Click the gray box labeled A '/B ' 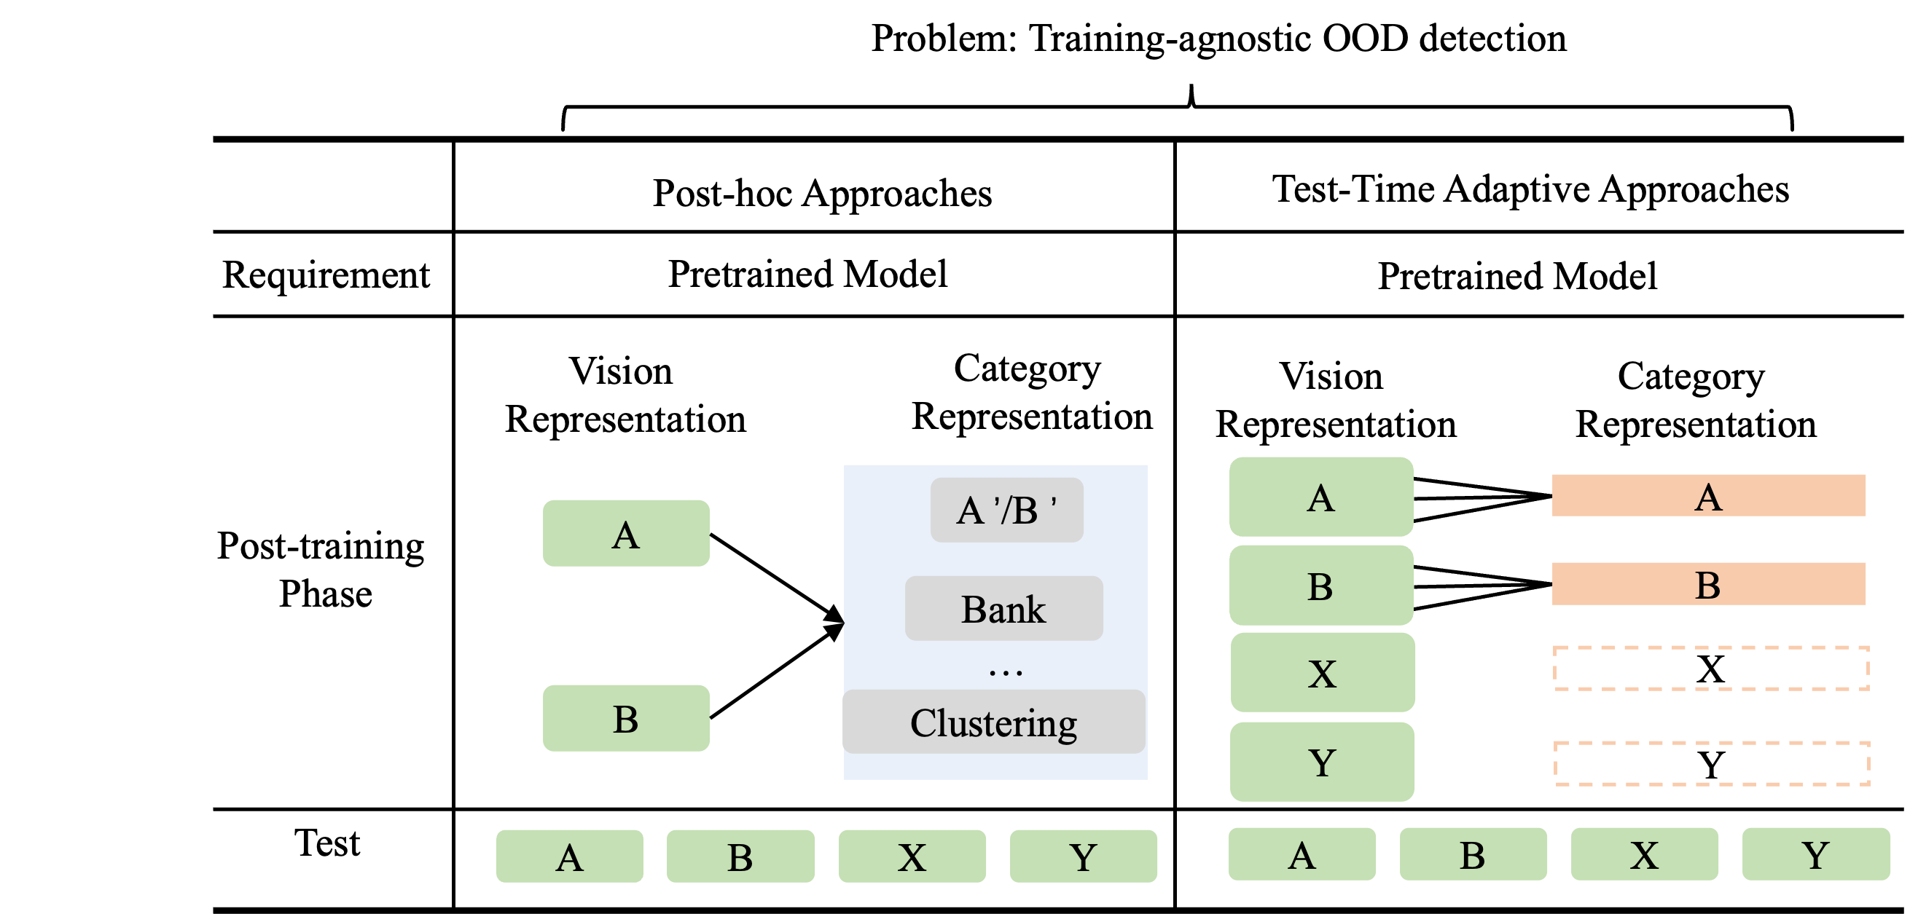click(1006, 510)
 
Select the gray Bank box click(1003, 609)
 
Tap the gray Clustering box click(993, 722)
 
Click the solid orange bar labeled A click(1708, 495)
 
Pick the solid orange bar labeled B click(1708, 584)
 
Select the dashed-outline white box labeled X click(1710, 669)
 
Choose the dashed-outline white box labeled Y click(1711, 763)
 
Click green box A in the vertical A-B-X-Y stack click(1320, 497)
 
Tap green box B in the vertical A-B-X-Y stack click(1320, 586)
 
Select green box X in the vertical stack click(1322, 673)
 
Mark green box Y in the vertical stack click(1322, 762)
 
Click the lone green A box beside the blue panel click(626, 534)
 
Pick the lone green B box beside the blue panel click(626, 718)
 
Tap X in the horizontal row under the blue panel click(912, 856)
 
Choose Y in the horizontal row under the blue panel click(1084, 856)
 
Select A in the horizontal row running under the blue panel click(569, 856)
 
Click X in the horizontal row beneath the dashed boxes click(1644, 854)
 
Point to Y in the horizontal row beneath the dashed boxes click(1815, 854)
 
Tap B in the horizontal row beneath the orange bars click(1473, 854)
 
